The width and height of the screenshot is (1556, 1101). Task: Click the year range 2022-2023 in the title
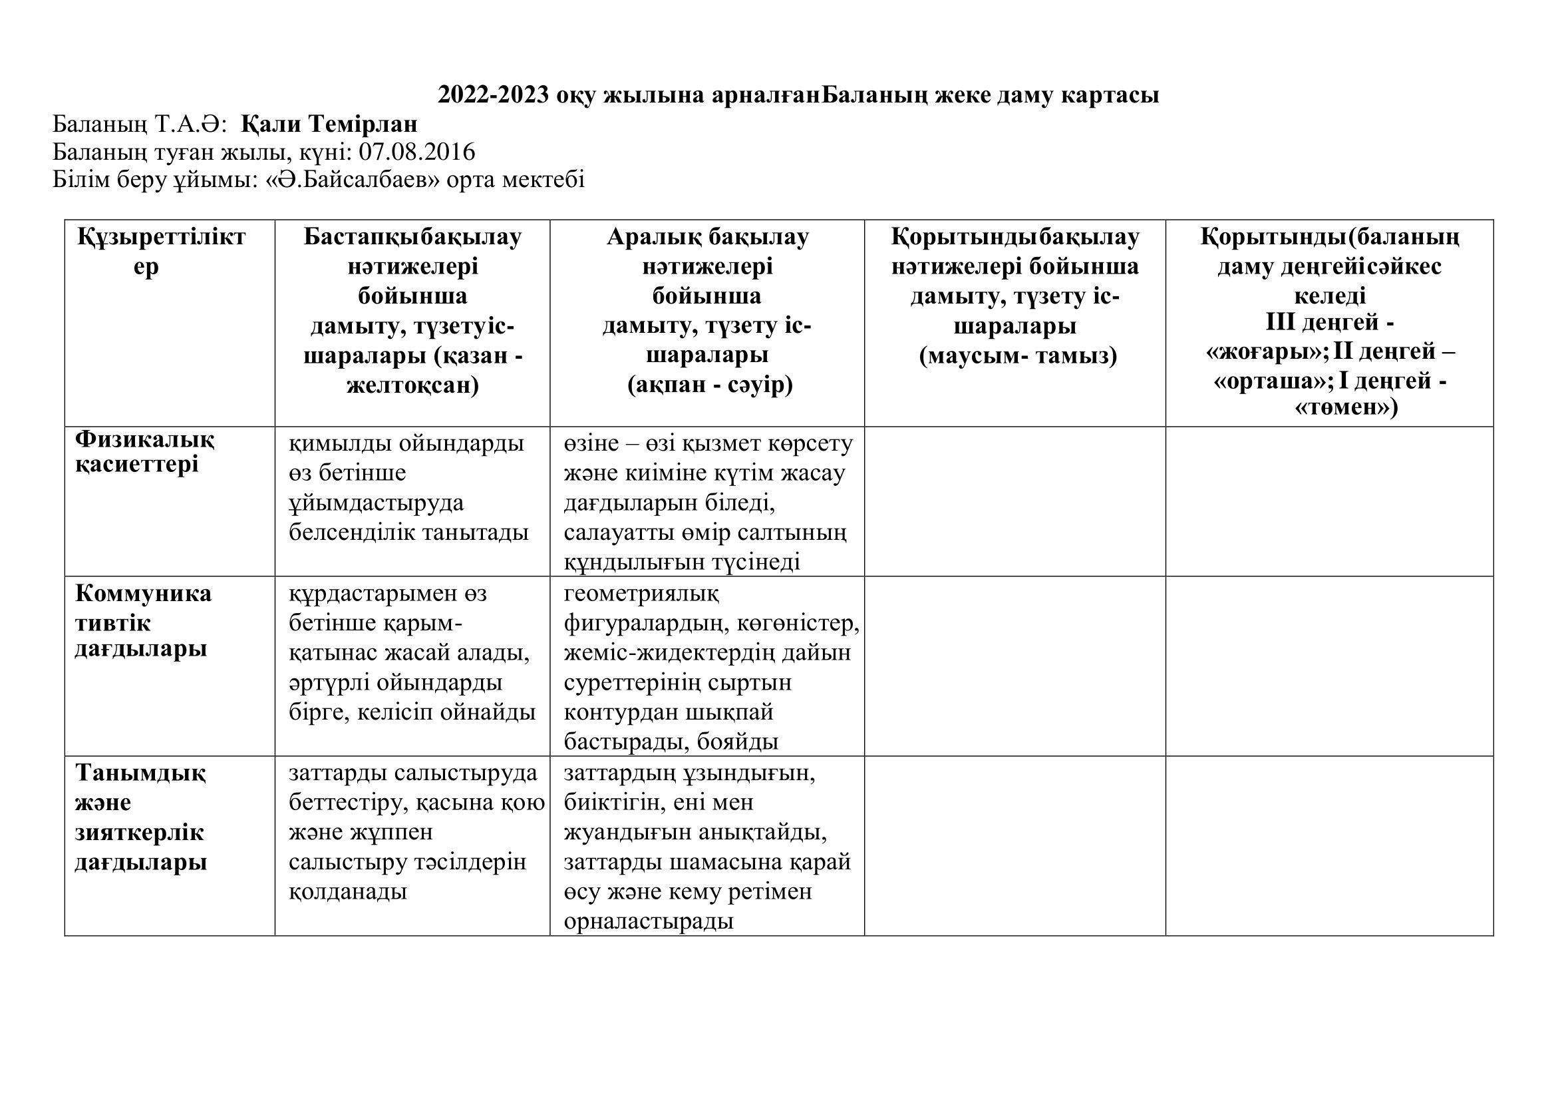click(x=494, y=95)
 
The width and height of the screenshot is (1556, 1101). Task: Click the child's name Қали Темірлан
click(x=329, y=124)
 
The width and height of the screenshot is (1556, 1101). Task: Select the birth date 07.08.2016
click(x=417, y=152)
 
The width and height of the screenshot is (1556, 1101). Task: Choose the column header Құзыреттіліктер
click(x=161, y=252)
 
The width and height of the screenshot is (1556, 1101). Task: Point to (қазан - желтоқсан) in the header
click(x=412, y=371)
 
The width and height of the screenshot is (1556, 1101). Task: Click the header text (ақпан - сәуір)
click(x=710, y=385)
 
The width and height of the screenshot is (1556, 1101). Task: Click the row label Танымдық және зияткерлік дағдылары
click(x=141, y=817)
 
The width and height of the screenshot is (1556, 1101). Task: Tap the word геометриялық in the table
click(x=641, y=594)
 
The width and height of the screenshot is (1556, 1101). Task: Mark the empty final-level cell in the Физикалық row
click(x=1329, y=501)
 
